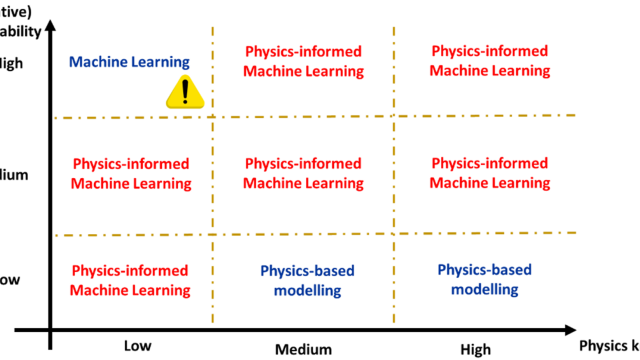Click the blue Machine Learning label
(130, 61)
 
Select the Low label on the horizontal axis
(138, 345)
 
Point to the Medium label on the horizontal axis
(304, 348)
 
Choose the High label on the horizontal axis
(476, 348)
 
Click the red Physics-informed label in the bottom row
(131, 280)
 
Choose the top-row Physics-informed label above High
(490, 60)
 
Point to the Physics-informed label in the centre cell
(304, 172)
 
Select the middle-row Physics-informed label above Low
(131, 172)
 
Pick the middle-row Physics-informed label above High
(490, 172)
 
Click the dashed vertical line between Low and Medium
(212, 200)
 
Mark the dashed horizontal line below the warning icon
(300, 117)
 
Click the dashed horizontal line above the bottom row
(300, 235)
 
